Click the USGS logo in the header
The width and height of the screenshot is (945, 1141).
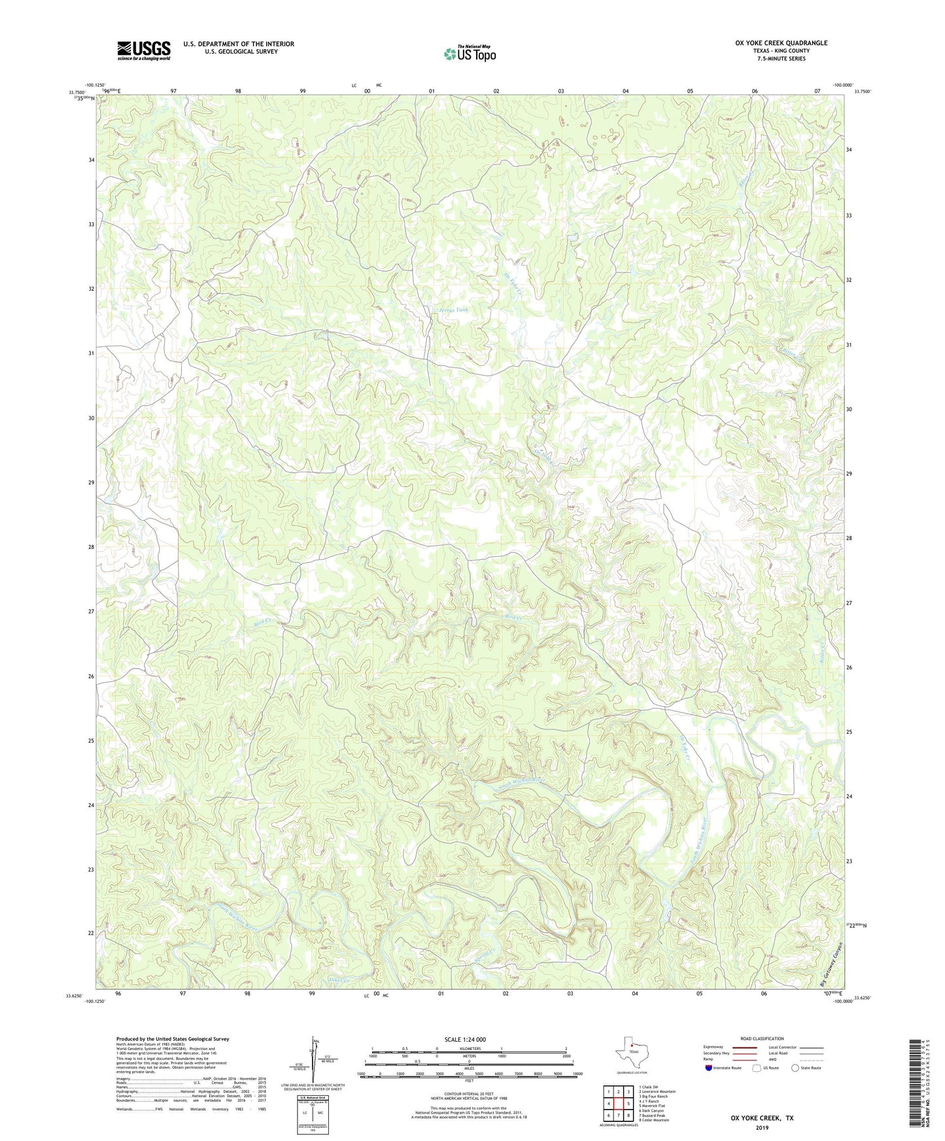tap(144, 50)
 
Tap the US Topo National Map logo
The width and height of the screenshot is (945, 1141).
tap(469, 54)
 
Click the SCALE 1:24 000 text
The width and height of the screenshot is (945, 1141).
tap(465, 1039)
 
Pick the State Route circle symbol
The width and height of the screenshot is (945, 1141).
tap(795, 1068)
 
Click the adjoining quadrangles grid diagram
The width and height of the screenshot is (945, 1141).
tap(618, 1104)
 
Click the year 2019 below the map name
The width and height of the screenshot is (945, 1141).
tap(762, 1127)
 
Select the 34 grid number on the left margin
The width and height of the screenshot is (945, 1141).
tap(92, 160)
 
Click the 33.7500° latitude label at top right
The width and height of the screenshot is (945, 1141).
tap(862, 92)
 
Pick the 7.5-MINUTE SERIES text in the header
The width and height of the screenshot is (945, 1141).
tap(781, 59)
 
